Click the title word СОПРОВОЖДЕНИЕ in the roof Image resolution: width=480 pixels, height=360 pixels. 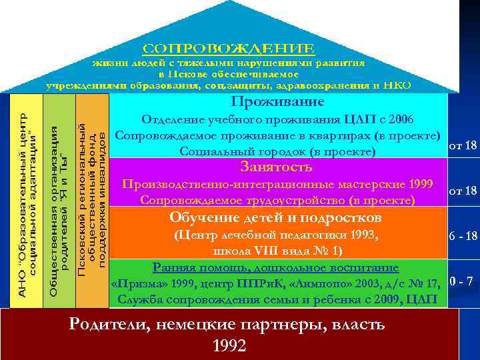228,49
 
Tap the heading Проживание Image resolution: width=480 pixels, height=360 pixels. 277,102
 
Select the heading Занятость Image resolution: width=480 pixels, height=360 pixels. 277,167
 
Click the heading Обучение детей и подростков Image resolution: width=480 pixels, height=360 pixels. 276,218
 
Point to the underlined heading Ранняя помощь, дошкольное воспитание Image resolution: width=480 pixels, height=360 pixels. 276,268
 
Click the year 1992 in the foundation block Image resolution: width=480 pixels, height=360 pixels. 229,345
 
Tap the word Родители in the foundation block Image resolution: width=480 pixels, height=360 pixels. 111,325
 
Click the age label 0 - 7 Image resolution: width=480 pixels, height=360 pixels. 461,280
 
